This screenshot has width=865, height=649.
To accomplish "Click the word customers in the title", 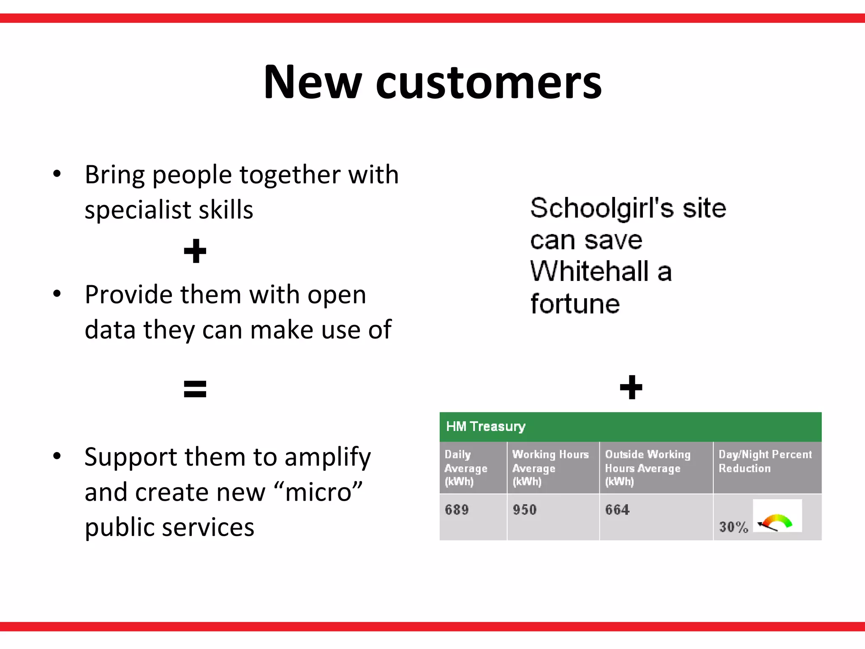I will coord(489,83).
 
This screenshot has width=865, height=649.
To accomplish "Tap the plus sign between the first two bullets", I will coord(195,251).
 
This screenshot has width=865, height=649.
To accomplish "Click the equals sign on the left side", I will coord(195,389).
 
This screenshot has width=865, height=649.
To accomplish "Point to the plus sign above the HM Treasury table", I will coord(631,387).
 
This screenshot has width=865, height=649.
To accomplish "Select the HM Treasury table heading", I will coord(486,426).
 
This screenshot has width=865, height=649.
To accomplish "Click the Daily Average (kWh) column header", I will coord(465,468).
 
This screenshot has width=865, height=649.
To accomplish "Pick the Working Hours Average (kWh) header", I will coord(550,468).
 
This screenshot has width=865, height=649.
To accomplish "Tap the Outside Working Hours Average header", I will coord(647,468).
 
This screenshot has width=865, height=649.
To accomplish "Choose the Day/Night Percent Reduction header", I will coord(765,461).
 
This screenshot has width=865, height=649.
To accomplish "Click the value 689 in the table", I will coord(457,510).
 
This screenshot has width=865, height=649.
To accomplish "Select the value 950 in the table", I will coord(525,510).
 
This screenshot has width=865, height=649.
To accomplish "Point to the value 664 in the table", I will coord(617,510).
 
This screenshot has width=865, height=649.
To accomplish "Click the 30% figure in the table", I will coord(733,527).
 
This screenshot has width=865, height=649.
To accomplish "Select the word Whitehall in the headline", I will coord(589,271).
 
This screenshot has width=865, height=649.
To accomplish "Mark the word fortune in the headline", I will coord(575,304).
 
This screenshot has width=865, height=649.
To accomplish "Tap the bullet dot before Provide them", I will coord(57,294).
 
